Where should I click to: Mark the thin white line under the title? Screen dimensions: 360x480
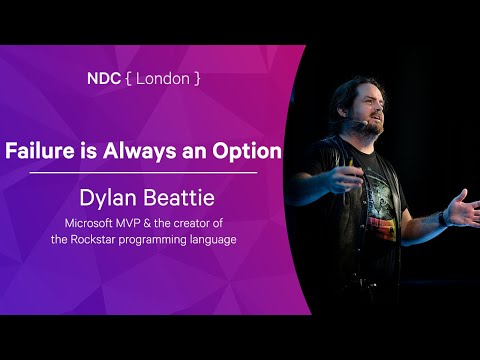point(143,173)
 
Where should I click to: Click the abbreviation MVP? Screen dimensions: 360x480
point(137,222)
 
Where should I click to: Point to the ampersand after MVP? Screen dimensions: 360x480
point(158,222)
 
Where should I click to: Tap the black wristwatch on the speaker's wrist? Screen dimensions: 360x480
point(443,217)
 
